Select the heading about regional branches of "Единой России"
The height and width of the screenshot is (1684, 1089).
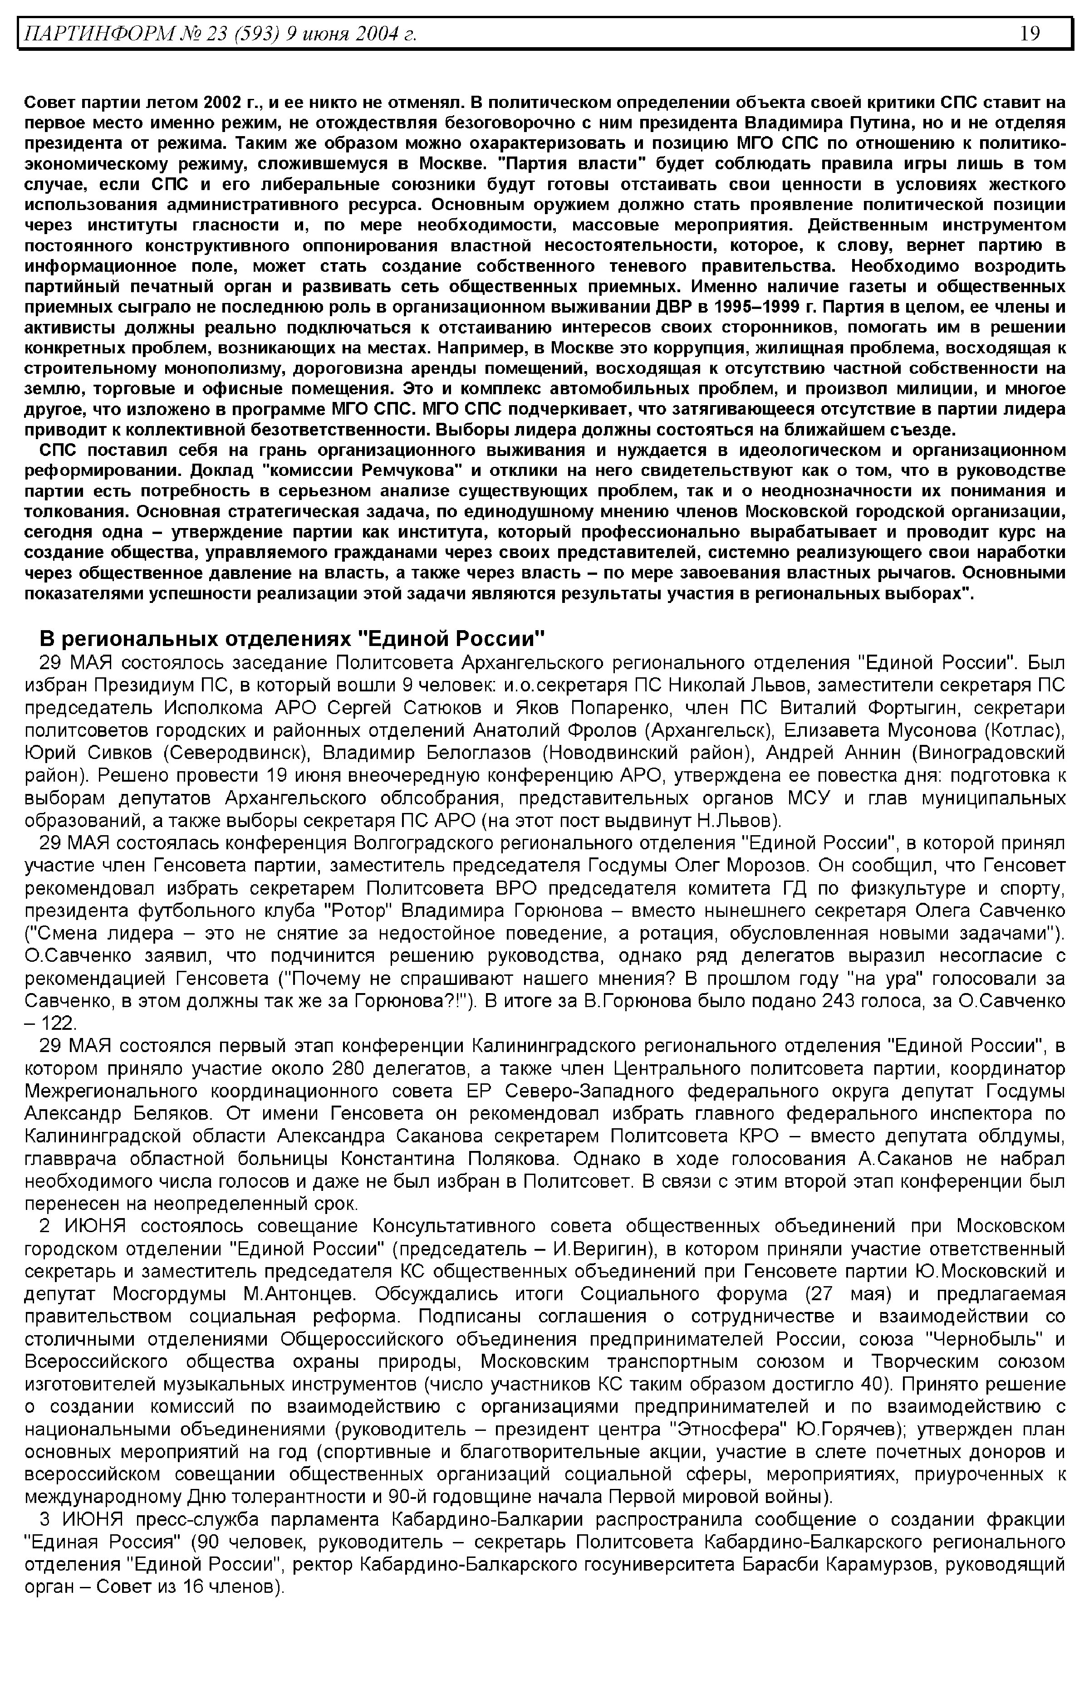291,638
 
